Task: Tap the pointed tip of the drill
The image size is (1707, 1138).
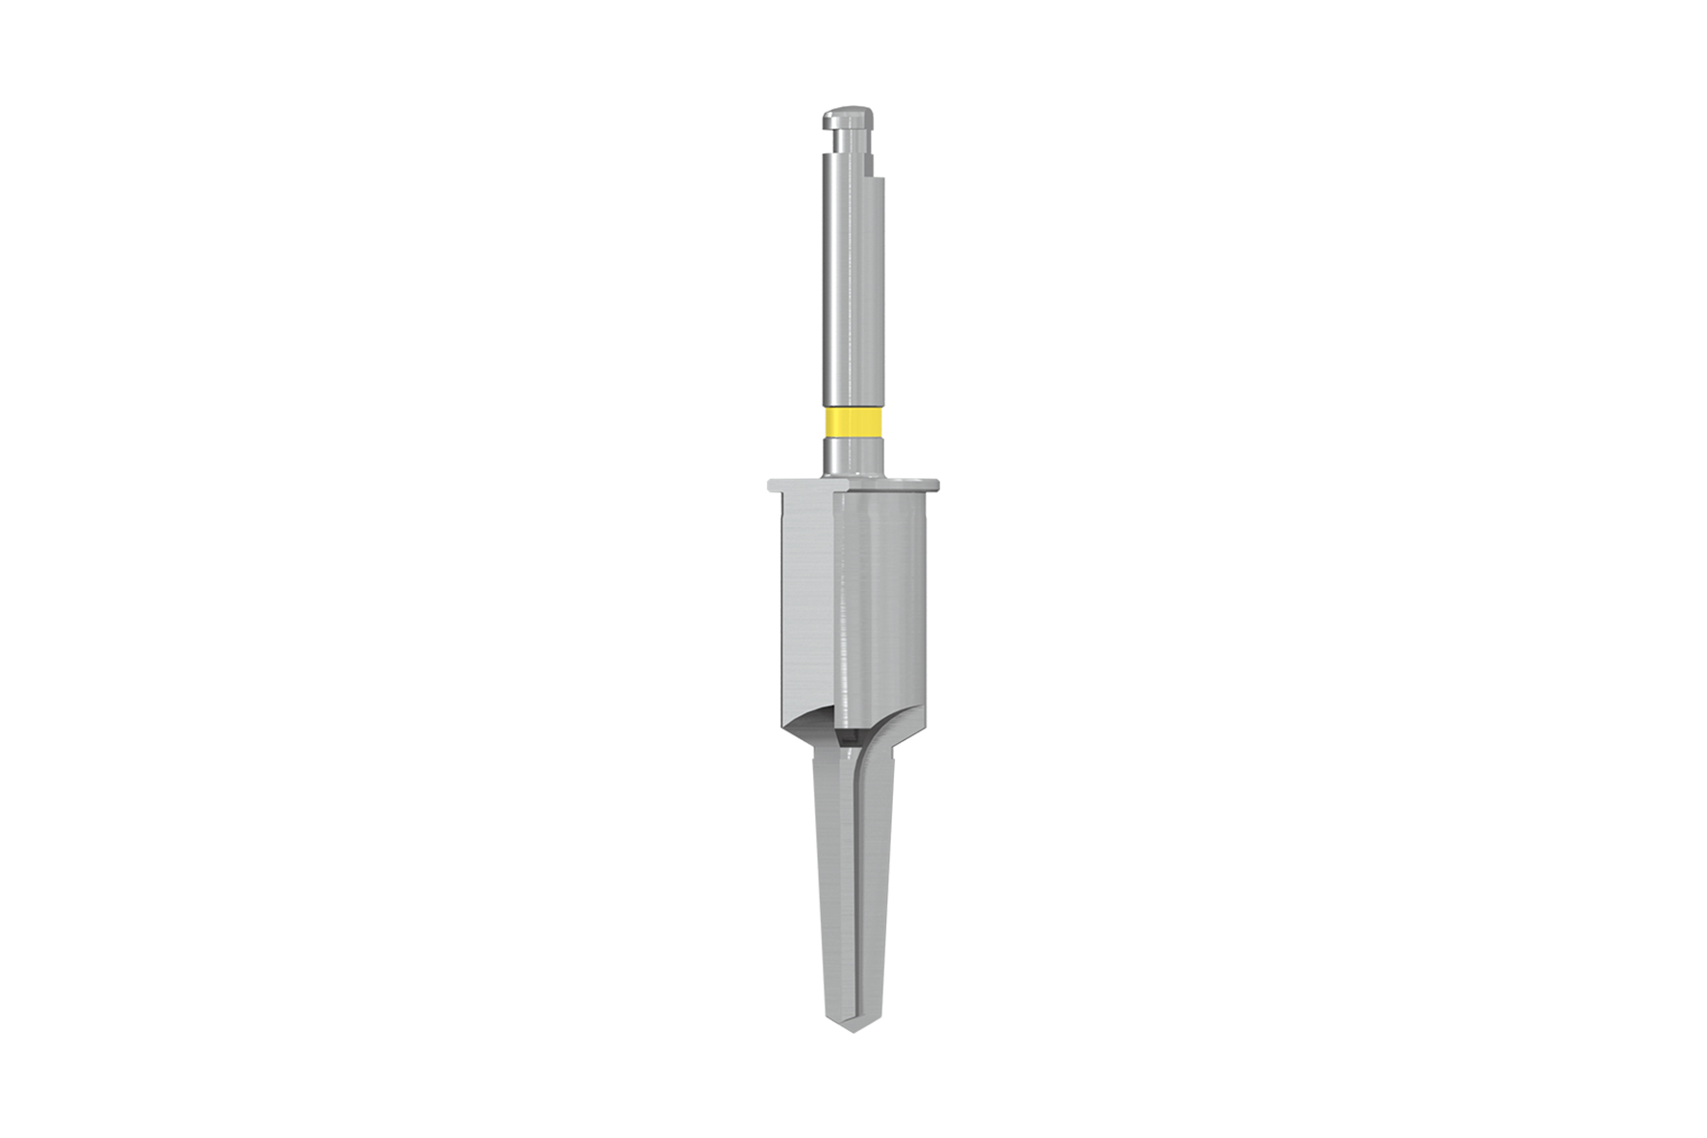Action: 851,1029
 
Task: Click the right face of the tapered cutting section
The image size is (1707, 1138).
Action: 873,887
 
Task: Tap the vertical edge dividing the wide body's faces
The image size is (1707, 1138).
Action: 838,617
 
